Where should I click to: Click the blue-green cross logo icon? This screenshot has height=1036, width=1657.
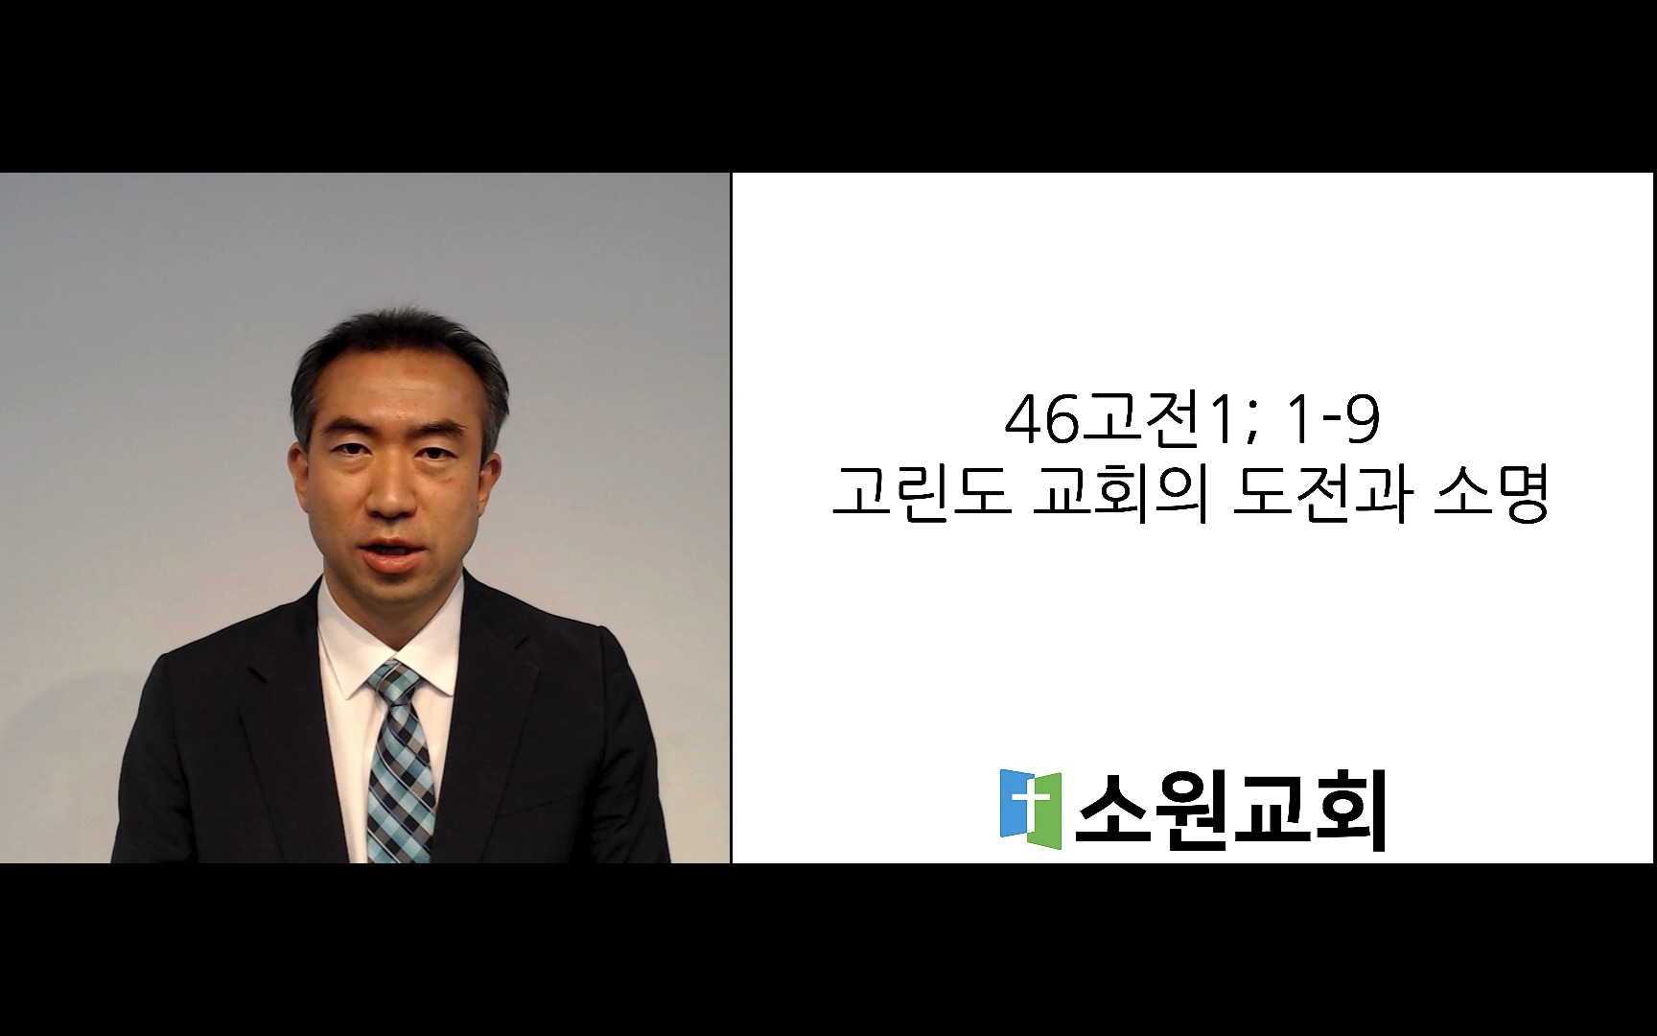click(1031, 809)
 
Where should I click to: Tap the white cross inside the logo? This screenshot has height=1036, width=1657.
click(1031, 804)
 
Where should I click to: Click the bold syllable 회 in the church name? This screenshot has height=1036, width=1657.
click(1349, 812)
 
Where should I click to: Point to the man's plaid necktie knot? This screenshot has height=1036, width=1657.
click(394, 682)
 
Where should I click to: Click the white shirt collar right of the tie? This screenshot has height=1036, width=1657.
click(440, 633)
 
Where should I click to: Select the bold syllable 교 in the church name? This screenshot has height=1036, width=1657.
click(1270, 811)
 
